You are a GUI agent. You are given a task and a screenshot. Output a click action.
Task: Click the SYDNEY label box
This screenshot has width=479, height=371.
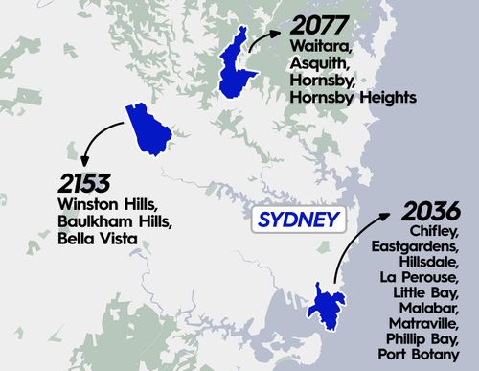(x=299, y=220)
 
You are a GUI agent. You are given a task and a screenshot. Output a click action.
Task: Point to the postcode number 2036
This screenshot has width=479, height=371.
(x=432, y=211)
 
